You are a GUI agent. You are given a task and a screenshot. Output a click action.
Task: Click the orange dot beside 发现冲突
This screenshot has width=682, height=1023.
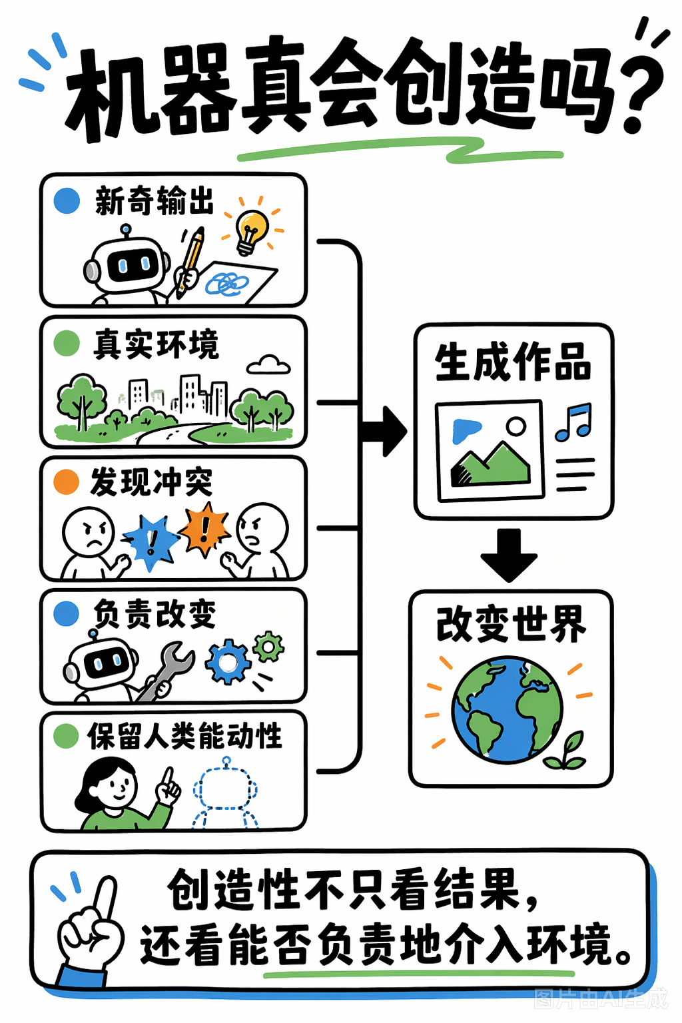66,482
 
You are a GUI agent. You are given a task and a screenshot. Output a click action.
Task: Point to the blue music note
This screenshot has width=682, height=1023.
573,422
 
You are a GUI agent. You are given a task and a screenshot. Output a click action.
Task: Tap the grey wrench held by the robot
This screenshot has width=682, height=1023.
165,671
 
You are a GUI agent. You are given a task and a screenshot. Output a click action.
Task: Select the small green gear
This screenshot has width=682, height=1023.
268,646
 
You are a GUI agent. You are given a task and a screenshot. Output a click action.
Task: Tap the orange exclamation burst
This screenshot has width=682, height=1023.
204,529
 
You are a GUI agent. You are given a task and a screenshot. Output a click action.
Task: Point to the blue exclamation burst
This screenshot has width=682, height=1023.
151,542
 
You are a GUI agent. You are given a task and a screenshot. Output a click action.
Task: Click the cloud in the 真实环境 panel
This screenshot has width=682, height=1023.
268,366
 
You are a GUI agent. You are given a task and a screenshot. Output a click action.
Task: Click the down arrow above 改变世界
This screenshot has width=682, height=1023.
508,555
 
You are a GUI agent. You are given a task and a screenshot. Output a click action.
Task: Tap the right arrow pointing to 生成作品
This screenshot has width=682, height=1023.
384,431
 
